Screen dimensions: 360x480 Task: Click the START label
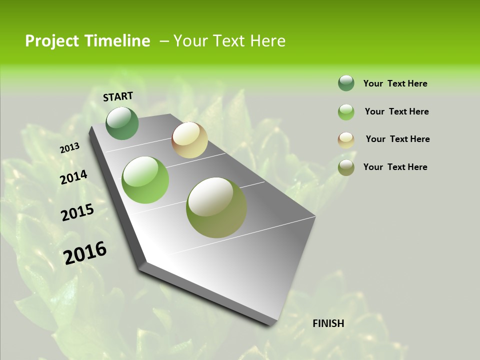coord(118,96)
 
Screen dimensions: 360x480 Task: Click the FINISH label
coord(328,323)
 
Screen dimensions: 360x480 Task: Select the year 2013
coord(70,148)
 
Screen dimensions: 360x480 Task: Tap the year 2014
coord(74,177)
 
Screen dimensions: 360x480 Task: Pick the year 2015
coord(77,212)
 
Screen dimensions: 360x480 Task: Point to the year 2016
coord(85,253)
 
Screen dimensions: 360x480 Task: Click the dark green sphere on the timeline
coord(122,123)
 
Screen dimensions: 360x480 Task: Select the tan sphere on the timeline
coord(189,140)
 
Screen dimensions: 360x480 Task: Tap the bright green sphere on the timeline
coord(145,180)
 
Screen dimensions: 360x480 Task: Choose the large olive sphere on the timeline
coord(216,207)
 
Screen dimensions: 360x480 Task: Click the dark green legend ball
coord(346,83)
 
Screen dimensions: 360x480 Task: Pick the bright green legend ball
coord(346,112)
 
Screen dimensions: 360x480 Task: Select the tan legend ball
coord(346,140)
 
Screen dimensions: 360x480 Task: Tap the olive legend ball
coord(346,167)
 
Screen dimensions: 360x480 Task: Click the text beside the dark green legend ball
coord(395,83)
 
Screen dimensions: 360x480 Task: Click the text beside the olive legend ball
coord(395,167)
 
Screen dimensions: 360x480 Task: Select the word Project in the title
coord(52,41)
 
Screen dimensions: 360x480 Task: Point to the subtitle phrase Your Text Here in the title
coord(229,41)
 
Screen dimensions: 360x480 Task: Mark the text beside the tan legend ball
coord(397,139)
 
